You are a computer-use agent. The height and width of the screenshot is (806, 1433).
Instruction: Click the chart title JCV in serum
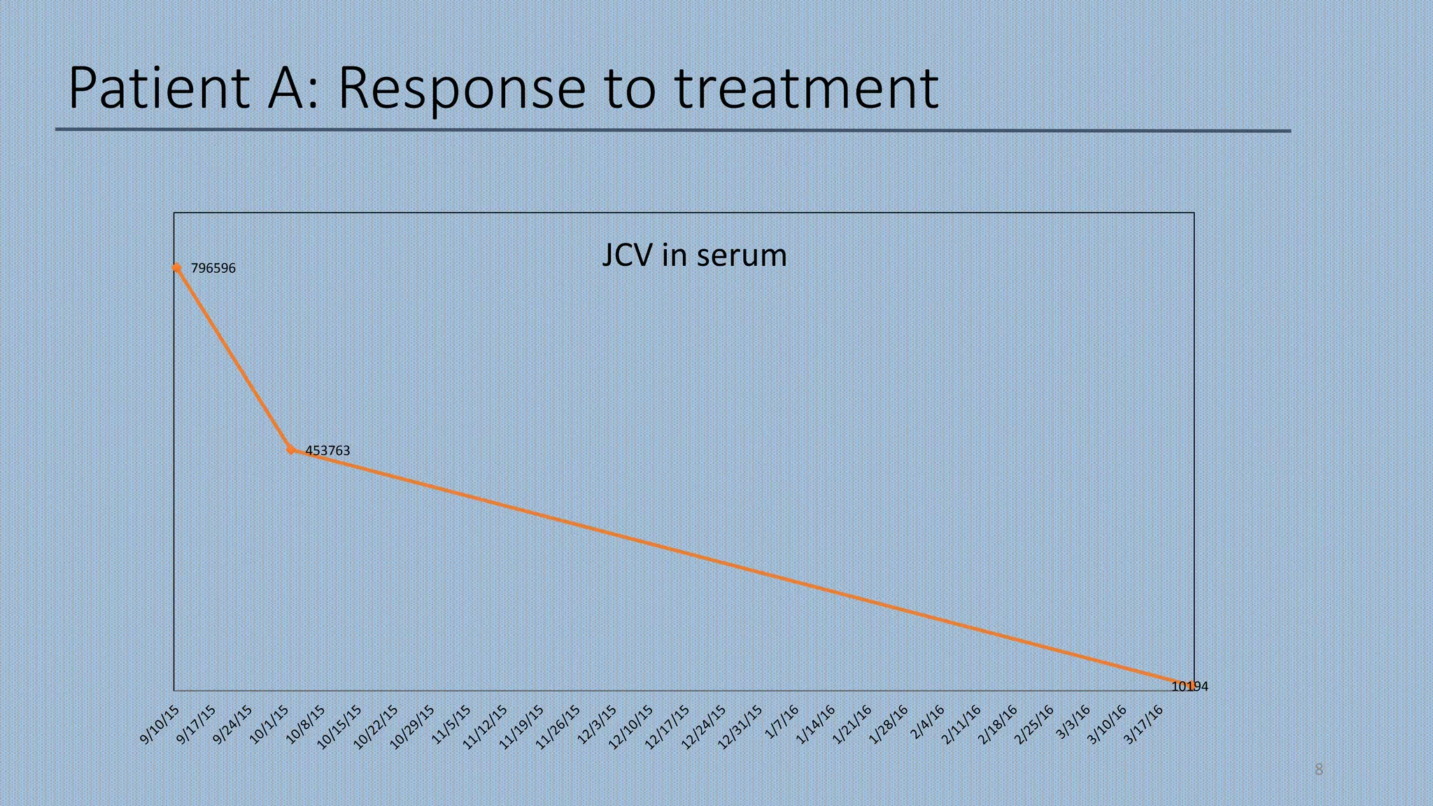[694, 255]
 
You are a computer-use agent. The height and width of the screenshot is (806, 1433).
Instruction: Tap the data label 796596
[213, 268]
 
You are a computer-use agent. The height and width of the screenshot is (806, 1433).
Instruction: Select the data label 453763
[327, 451]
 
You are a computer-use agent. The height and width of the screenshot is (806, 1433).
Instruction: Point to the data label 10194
[1190, 686]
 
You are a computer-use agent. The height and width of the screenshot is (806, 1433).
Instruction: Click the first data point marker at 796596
[176, 267]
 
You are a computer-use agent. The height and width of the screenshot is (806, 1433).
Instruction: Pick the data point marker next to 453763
[291, 450]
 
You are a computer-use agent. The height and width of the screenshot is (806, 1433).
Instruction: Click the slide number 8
[1319, 770]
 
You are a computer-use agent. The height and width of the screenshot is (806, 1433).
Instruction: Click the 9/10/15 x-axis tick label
[160, 725]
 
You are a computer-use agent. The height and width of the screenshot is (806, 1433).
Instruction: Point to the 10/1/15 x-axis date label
[269, 725]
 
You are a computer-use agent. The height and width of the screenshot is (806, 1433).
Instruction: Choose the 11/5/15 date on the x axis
[451, 725]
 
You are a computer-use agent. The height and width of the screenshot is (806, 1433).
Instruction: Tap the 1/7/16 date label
[782, 722]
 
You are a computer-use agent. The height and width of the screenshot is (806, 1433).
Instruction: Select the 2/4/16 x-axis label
[928, 722]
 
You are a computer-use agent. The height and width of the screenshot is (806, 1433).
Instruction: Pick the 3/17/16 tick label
[1143, 725]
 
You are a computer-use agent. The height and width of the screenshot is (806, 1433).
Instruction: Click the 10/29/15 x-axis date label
[412, 728]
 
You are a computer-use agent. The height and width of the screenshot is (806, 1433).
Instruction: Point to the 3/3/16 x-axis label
[1073, 722]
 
